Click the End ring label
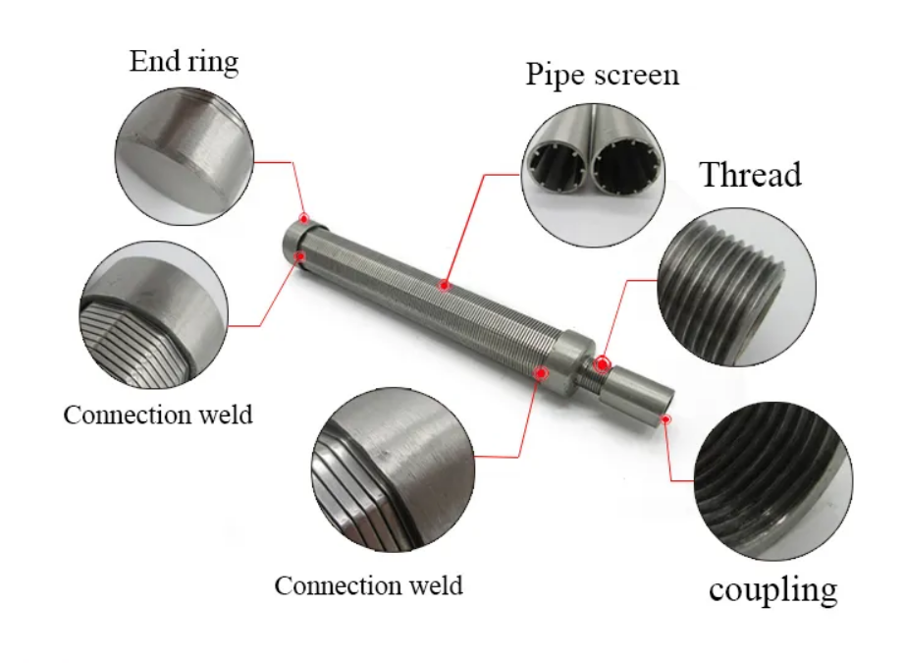coord(184,63)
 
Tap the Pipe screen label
coord(602,75)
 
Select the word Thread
coord(750,175)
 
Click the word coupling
coord(773,589)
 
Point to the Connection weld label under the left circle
coord(158,414)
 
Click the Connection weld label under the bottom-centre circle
coord(368,586)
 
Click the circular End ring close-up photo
coord(184,155)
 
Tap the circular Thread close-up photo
coord(735,285)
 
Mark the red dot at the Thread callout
coord(602,363)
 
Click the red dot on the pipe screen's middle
coord(445,286)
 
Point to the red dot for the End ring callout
coord(304,218)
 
